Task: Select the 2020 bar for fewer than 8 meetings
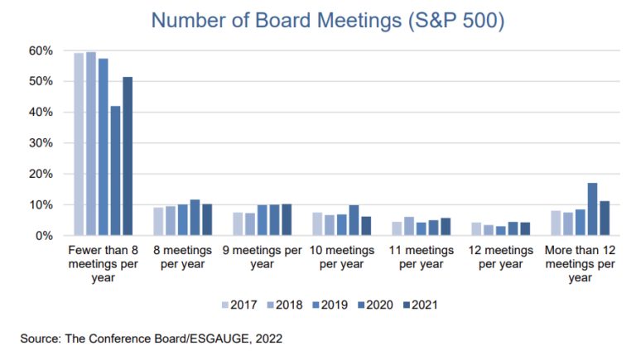pos(115,170)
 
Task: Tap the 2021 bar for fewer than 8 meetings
pos(128,156)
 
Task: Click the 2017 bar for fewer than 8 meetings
pos(79,144)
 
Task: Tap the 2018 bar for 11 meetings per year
pos(410,226)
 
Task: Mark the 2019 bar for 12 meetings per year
pos(499,231)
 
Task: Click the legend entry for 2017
pos(236,305)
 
